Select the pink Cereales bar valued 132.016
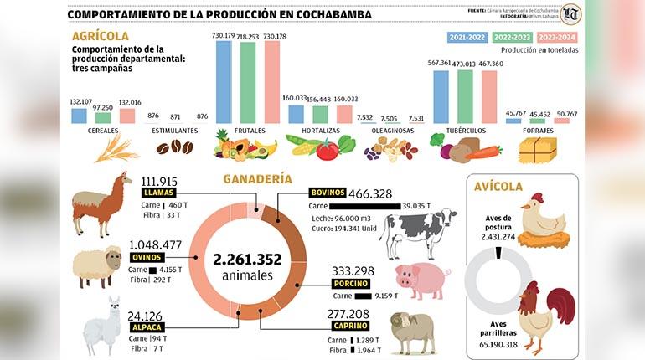(127, 116)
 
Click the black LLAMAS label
(157, 193)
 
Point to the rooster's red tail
(564, 305)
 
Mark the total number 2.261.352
(247, 259)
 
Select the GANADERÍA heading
(257, 178)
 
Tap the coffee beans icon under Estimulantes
(174, 147)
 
